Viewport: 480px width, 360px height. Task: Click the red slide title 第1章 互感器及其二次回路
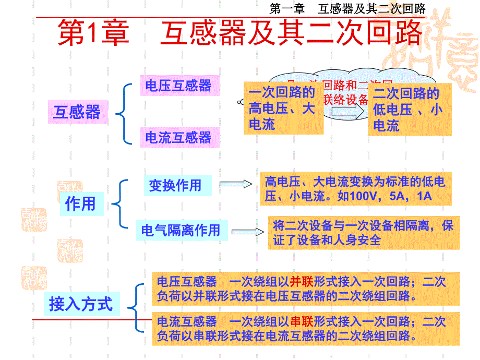pos(239,34)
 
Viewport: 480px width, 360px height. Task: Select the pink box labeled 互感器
pos(77,112)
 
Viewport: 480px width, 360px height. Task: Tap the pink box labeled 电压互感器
pos(178,86)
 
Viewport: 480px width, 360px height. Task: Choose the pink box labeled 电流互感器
pos(178,138)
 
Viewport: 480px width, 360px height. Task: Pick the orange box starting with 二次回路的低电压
pos(409,110)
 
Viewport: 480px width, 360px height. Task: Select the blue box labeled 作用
pos(80,203)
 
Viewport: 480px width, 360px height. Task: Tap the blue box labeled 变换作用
pos(175,185)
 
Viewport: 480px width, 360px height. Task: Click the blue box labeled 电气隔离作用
pos(181,230)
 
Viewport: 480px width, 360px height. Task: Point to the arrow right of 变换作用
pos(235,184)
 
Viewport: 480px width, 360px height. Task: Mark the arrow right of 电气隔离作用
pos(248,231)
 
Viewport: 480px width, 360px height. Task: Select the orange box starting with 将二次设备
pos(364,233)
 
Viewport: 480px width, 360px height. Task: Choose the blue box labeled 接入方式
pos(80,304)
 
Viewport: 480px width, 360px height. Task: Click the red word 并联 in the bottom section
pos(301,282)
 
